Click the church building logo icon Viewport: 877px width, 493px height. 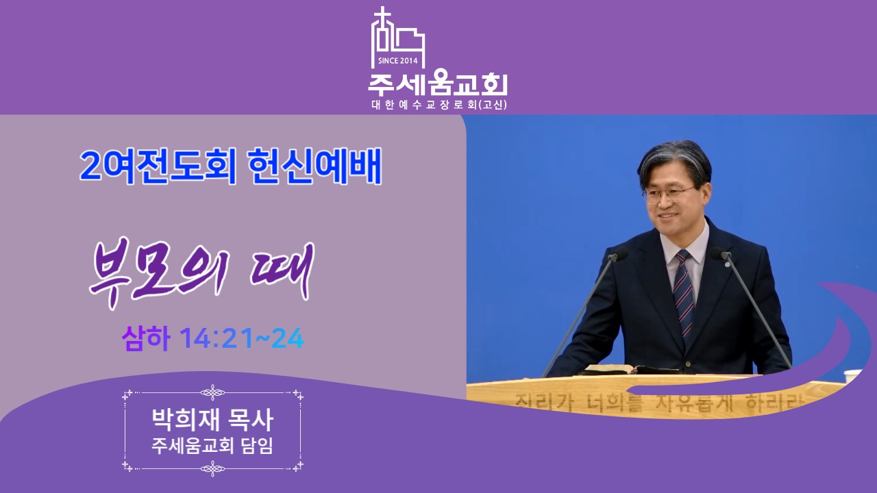[x=398, y=37]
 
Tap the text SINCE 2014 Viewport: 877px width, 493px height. [x=398, y=61]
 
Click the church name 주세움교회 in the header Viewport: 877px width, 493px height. [x=438, y=84]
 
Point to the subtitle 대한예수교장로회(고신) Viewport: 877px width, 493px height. [x=439, y=105]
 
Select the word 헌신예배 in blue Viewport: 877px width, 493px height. [x=314, y=166]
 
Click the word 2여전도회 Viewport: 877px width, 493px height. [x=158, y=166]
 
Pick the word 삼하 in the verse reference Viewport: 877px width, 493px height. [x=146, y=338]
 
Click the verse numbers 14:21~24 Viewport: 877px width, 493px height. [x=242, y=338]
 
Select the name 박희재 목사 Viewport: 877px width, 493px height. [x=212, y=420]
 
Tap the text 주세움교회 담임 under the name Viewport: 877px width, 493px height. [x=212, y=446]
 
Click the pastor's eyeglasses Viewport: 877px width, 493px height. [x=669, y=192]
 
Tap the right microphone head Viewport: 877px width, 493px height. [x=720, y=254]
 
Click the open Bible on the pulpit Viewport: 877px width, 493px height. [x=628, y=369]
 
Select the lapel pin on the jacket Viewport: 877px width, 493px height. [x=727, y=264]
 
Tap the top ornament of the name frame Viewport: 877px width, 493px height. [x=212, y=392]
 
